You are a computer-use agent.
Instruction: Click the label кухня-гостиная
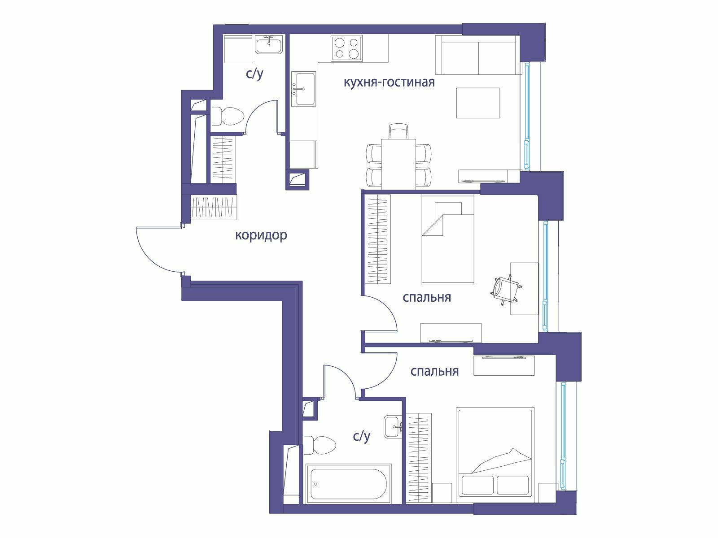[389, 82]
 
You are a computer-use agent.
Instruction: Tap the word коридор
[261, 235]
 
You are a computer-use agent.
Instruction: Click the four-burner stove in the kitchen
[346, 48]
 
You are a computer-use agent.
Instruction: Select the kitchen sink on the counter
[303, 89]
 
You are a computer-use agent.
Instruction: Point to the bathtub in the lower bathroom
[348, 484]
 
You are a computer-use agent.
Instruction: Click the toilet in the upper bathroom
[228, 116]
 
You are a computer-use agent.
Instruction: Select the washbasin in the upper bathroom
[269, 44]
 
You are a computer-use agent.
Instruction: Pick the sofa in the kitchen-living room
[477, 55]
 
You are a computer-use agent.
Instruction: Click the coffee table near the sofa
[478, 103]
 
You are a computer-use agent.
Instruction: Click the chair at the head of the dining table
[399, 131]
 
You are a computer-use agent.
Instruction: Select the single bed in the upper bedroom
[448, 240]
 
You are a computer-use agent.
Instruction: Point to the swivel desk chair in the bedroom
[505, 290]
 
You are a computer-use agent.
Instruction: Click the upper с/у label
[254, 74]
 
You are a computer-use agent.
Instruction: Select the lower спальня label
[434, 371]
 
